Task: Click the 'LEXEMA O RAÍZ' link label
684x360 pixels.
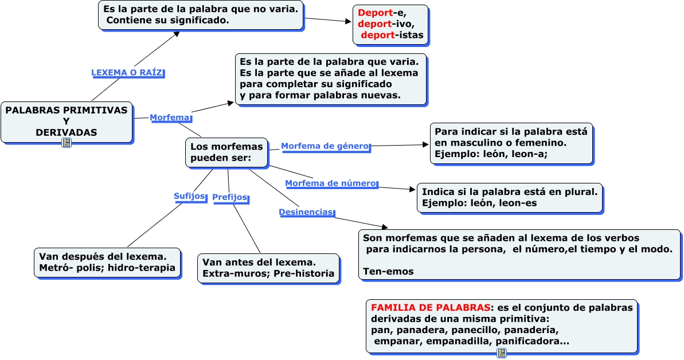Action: point(127,73)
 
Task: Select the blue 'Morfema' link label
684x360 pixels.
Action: point(170,118)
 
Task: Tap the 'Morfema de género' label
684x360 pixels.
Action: point(325,146)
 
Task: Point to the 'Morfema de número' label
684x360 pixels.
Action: point(331,183)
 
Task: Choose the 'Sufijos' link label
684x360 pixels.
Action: point(189,196)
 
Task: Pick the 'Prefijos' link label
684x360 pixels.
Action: point(230,197)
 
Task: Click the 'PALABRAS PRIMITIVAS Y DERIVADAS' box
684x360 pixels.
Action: point(67,122)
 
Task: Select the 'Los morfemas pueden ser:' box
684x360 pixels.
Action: point(226,152)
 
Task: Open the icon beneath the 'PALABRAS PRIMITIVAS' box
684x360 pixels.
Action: point(67,143)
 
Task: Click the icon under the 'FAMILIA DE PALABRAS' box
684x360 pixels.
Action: point(502,353)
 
